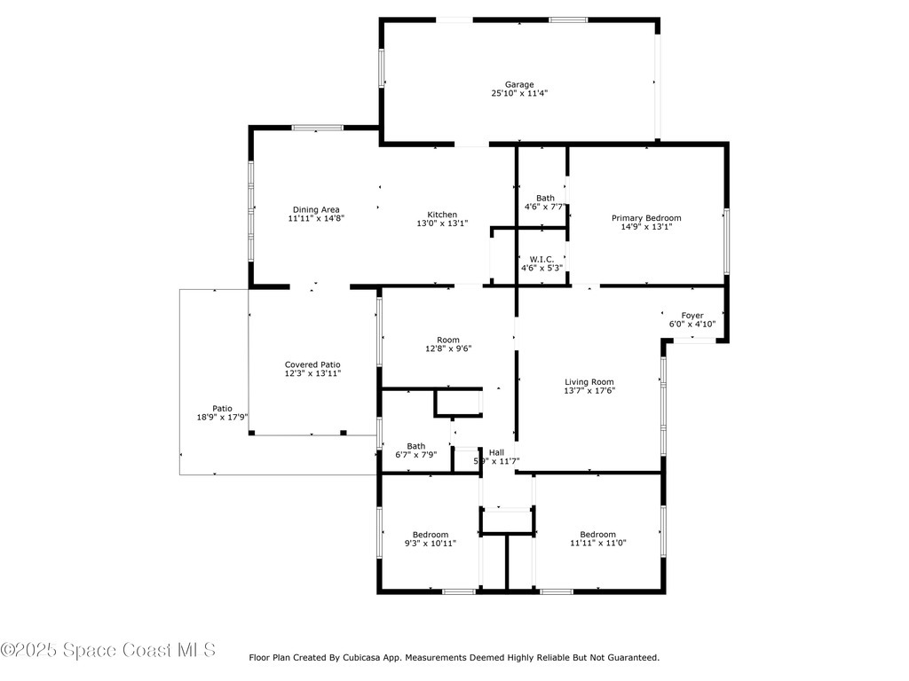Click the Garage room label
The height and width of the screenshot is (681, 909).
[x=519, y=84]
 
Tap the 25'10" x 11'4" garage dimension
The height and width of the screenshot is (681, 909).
[x=519, y=93]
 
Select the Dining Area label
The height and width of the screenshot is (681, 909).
[x=316, y=209]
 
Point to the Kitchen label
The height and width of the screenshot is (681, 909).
[x=442, y=215]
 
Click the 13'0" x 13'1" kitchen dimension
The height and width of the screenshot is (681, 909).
[x=442, y=223]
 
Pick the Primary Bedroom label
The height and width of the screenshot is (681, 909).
[x=646, y=217]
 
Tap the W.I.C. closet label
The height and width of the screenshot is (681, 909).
[x=541, y=259]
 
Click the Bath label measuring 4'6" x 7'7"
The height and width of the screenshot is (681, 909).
[x=545, y=198]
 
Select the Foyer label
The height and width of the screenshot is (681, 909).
[x=692, y=315]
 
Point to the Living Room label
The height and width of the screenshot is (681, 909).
[x=589, y=381]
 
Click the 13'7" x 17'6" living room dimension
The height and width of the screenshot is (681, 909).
[x=589, y=390]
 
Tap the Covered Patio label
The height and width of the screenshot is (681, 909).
[x=312, y=364]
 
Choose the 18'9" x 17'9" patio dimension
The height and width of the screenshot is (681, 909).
[x=222, y=417]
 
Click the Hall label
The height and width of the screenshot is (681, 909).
[x=496, y=452]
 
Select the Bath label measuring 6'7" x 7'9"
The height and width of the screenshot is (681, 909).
[x=415, y=446]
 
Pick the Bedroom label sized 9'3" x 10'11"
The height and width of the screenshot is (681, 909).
[x=430, y=534]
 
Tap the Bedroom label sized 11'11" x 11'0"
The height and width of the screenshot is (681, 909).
[x=597, y=534]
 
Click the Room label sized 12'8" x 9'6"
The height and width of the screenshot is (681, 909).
[x=448, y=340]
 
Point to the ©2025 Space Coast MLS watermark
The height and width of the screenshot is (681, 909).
[x=108, y=650]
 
